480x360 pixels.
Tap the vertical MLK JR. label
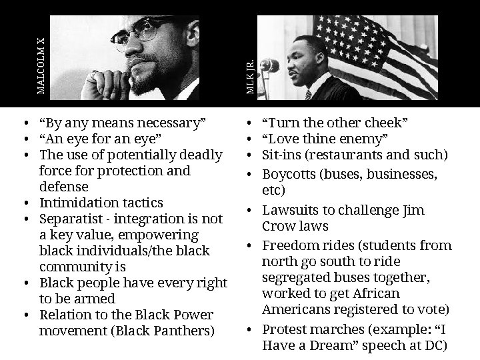coord(249,76)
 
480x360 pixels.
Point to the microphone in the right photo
coord(270,67)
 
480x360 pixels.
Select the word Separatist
coord(69,219)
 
